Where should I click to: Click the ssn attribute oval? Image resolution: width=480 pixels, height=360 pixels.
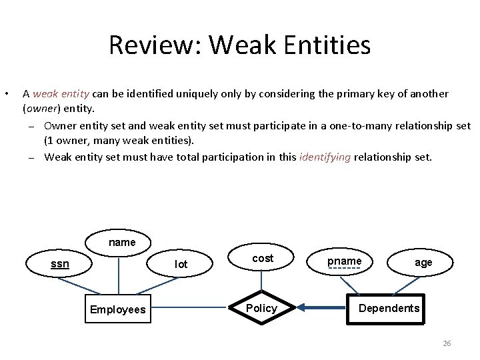[60, 264]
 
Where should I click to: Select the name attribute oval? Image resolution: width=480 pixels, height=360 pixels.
[121, 243]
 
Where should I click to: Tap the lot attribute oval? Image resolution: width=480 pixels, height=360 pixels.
[181, 264]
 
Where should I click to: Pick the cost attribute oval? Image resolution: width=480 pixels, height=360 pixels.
[263, 259]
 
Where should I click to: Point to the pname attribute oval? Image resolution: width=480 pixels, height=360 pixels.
[344, 261]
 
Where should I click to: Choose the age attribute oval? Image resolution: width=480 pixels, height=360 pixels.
[423, 263]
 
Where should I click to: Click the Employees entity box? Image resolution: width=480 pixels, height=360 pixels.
[118, 310]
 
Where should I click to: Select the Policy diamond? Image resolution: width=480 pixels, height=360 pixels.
[261, 308]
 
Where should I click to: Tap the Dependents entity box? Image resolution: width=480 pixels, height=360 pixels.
[389, 308]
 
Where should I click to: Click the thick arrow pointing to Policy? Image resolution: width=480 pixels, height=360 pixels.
[323, 308]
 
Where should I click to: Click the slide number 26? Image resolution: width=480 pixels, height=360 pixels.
[447, 343]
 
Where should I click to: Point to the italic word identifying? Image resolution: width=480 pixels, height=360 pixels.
[325, 157]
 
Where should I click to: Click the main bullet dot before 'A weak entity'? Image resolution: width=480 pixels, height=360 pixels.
[7, 93]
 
